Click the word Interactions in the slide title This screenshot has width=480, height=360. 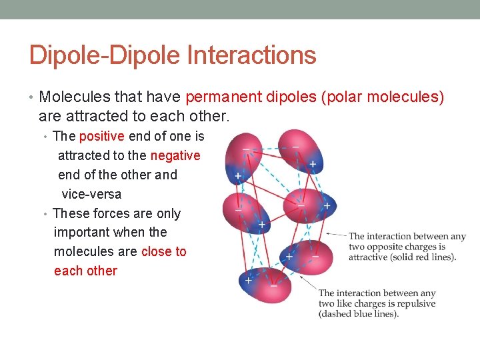[251, 55]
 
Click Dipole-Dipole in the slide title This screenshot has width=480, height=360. [107, 55]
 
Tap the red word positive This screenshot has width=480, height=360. [101, 136]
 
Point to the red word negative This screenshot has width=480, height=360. [175, 155]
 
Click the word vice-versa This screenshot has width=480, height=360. [91, 194]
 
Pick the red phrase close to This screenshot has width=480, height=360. [164, 251]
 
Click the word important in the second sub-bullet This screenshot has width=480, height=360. [81, 232]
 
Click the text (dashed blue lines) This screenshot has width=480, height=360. [358, 314]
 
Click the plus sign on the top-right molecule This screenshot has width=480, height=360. [313, 163]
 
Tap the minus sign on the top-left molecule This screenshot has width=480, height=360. [247, 148]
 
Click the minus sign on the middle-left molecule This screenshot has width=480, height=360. [238, 209]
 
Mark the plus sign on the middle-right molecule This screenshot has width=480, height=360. [327, 206]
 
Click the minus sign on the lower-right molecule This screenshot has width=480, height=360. [315, 256]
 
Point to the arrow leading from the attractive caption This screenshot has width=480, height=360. [336, 234]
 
